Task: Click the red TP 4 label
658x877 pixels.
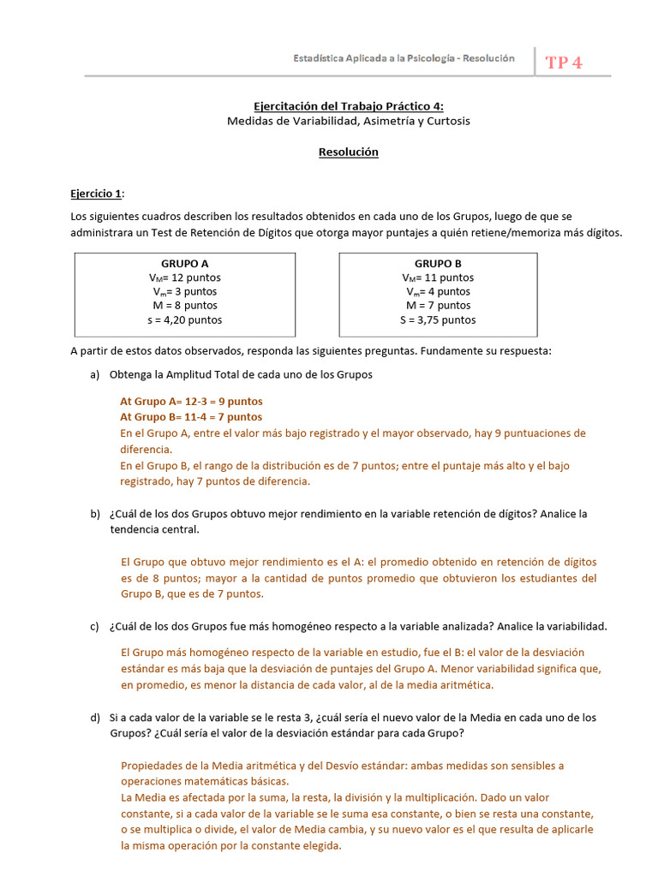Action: click(563, 63)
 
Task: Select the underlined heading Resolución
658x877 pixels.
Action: click(348, 152)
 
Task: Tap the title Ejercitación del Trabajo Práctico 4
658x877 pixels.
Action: click(348, 106)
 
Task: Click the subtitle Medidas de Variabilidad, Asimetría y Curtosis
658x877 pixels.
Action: click(348, 121)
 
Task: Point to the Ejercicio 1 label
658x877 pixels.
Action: click(97, 194)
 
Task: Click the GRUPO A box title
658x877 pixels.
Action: click(184, 264)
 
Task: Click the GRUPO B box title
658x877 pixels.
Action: click(438, 264)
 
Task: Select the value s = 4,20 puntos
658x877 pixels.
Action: click(184, 320)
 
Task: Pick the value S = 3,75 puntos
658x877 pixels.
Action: click(438, 320)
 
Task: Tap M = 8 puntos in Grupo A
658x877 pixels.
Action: click(184, 306)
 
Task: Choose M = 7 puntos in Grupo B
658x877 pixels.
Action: click(438, 306)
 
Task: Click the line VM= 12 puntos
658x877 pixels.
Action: click(184, 277)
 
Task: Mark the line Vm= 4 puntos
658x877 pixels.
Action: click(438, 292)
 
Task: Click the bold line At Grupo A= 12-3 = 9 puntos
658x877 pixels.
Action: click(191, 401)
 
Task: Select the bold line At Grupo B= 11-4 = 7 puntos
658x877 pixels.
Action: click(191, 417)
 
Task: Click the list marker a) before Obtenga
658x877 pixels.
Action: click(94, 375)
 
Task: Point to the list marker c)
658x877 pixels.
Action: click(94, 626)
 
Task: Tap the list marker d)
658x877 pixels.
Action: click(94, 717)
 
